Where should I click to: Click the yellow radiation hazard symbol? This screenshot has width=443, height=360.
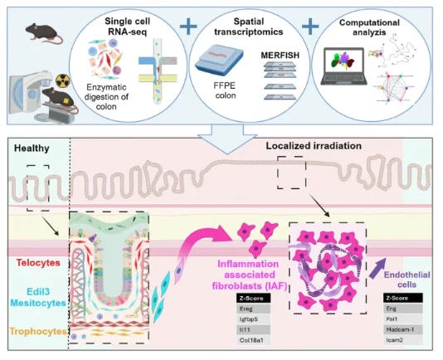point(63,80)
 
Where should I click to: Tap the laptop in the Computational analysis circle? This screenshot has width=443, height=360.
point(343,66)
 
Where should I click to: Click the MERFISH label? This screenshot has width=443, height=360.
point(280,55)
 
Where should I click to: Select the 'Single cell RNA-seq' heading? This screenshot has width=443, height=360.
point(128,27)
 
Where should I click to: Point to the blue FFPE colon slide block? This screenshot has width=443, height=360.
point(219,61)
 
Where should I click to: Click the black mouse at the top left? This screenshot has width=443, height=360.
point(44,33)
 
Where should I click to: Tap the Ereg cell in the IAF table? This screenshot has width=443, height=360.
point(253,309)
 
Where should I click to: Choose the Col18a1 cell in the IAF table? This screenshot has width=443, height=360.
point(253,340)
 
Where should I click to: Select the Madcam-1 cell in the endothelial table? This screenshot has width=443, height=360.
point(403,329)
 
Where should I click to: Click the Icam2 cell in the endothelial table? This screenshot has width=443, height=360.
point(403,340)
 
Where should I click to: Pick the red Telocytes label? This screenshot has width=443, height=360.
point(38,263)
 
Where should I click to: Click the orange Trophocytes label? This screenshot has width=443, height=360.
point(38,331)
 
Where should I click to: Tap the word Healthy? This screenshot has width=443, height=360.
point(32,148)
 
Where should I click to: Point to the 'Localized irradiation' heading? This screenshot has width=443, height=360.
point(314,146)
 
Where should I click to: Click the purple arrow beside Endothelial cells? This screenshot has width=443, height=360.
point(377,268)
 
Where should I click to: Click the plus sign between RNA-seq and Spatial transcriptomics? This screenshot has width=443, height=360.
point(188,27)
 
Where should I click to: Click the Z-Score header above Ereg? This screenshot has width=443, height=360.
point(253,298)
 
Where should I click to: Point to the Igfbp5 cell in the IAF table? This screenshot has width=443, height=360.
point(253,319)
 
